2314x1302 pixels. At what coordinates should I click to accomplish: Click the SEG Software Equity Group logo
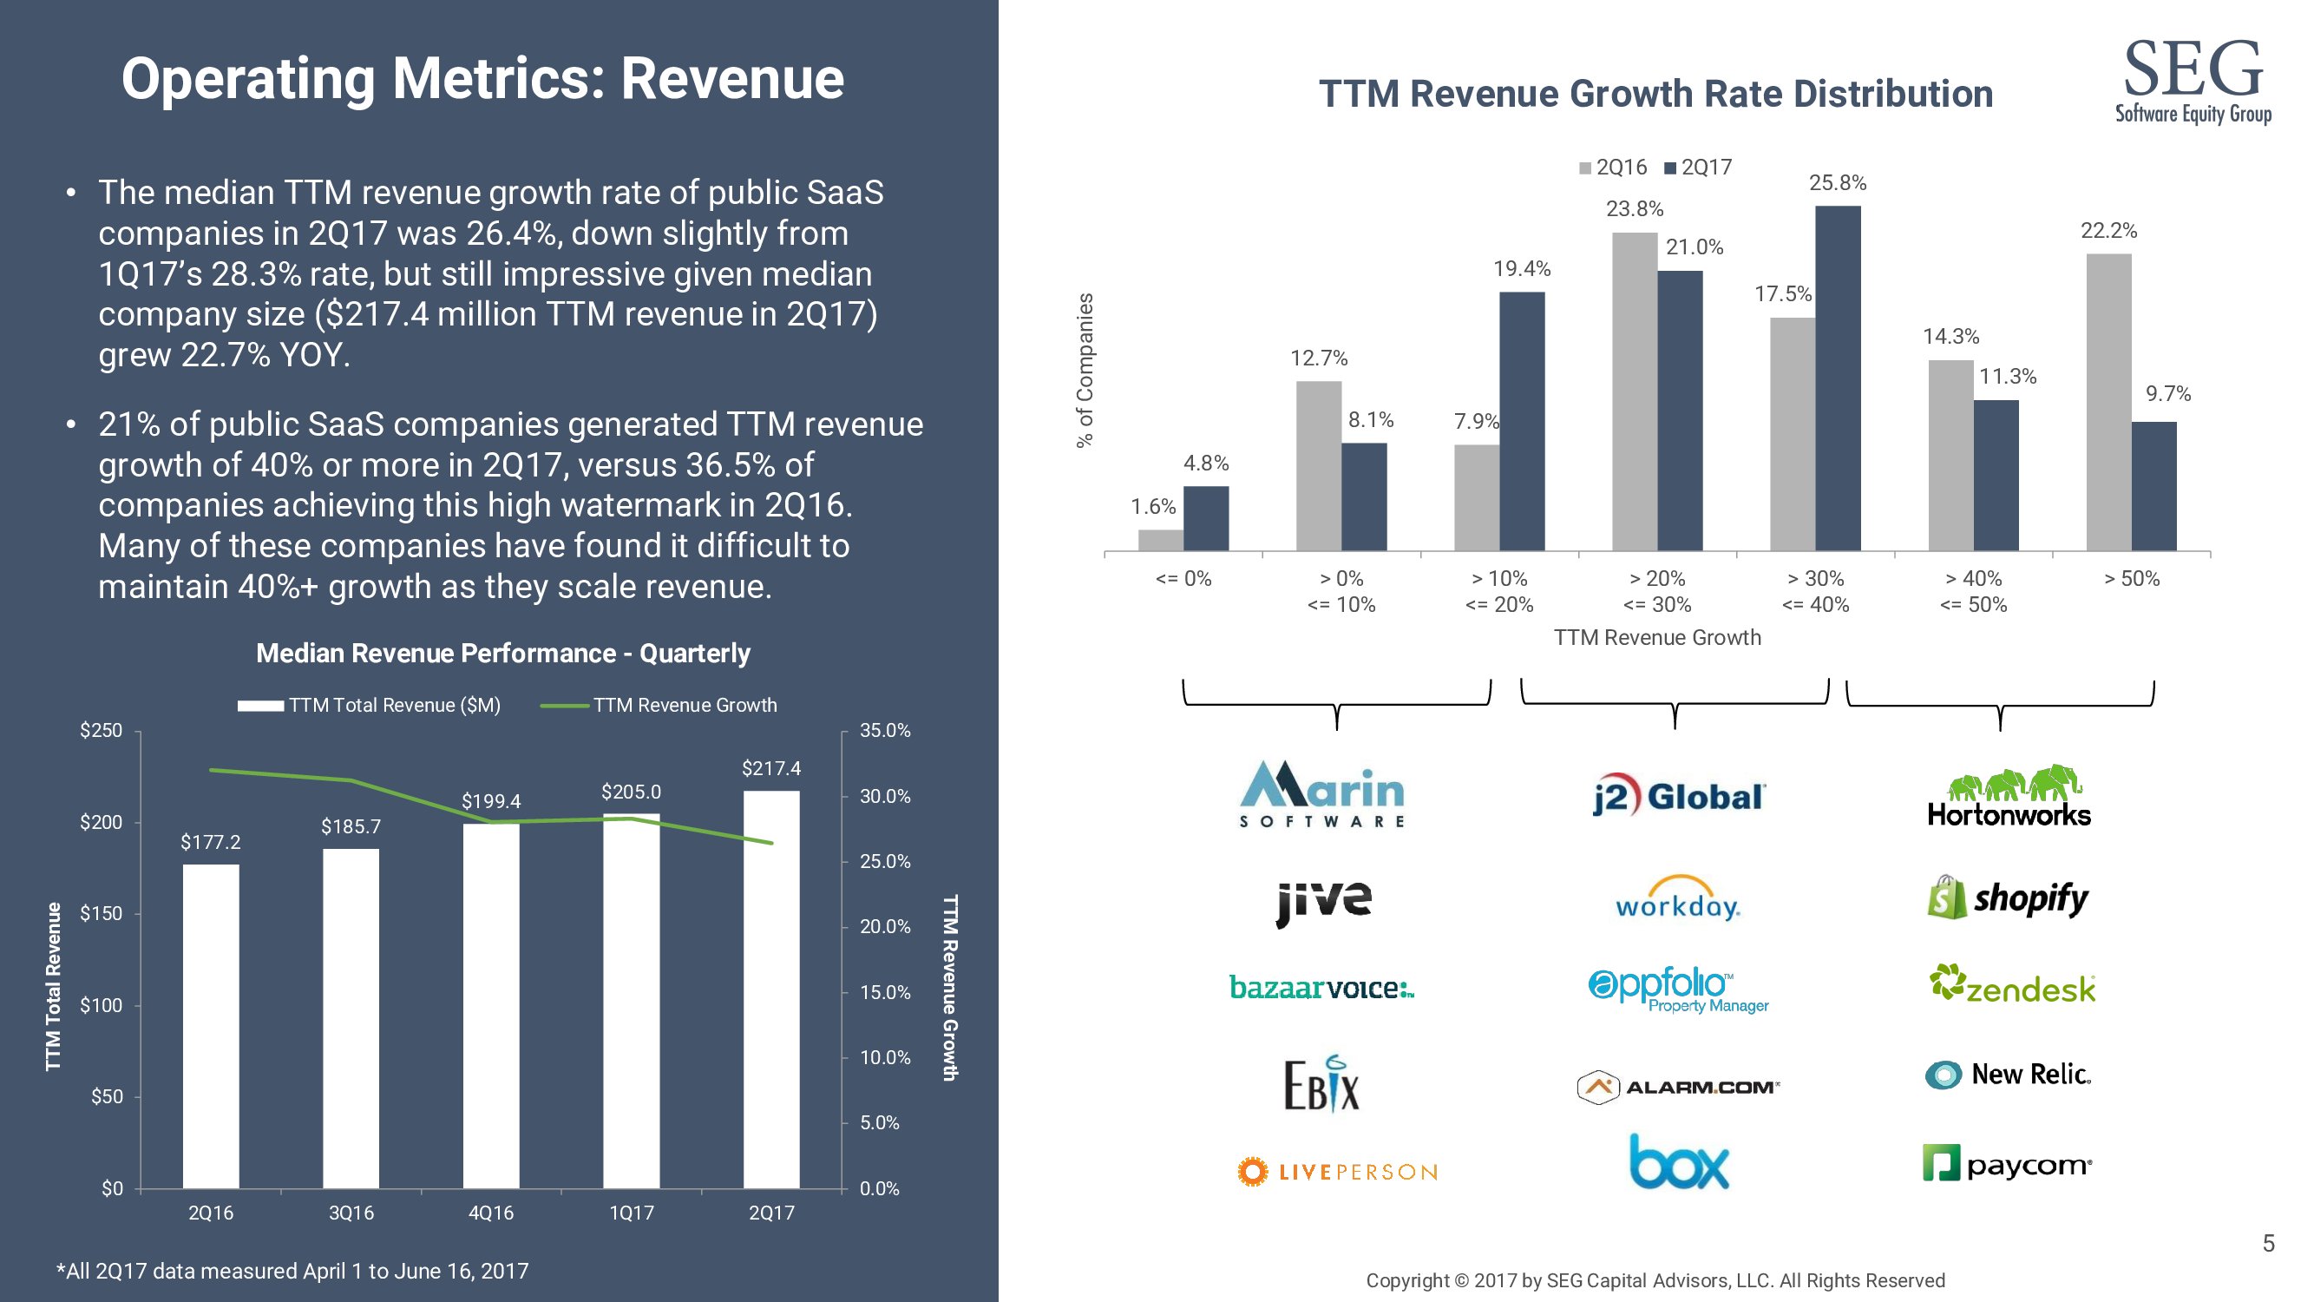[x=2192, y=81]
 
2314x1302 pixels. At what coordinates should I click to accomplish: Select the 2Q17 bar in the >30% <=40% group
[x=1837, y=378]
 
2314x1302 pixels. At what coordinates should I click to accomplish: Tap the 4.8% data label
[x=1205, y=463]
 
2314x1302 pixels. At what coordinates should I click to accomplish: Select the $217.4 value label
[x=770, y=768]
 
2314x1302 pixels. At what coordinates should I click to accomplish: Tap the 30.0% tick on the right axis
[x=885, y=796]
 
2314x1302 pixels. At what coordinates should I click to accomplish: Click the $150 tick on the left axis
[x=101, y=914]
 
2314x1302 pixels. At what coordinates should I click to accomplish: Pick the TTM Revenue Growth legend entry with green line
[x=659, y=706]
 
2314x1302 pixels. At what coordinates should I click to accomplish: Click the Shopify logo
[x=2009, y=898]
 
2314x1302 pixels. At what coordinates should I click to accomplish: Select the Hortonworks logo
[x=2009, y=797]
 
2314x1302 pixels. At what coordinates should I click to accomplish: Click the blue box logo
[x=1678, y=1163]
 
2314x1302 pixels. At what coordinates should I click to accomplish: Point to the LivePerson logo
[x=1337, y=1172]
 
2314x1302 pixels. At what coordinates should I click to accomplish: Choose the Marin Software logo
[x=1321, y=794]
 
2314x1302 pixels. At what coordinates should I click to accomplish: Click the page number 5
[x=2268, y=1244]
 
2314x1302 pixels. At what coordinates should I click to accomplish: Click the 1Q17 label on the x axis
[x=631, y=1213]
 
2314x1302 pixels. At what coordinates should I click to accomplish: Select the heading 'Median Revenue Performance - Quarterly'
[x=503, y=654]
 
